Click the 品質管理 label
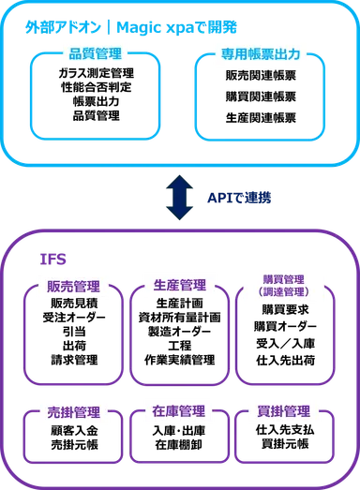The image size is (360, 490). tap(96, 54)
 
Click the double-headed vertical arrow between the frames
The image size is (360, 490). tap(179, 199)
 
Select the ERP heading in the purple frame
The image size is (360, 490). tap(51, 255)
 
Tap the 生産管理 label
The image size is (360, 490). tap(179, 285)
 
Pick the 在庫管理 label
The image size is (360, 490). tap(179, 411)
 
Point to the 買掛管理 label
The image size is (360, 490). tap(286, 411)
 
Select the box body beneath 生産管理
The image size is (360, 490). tap(179, 342)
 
